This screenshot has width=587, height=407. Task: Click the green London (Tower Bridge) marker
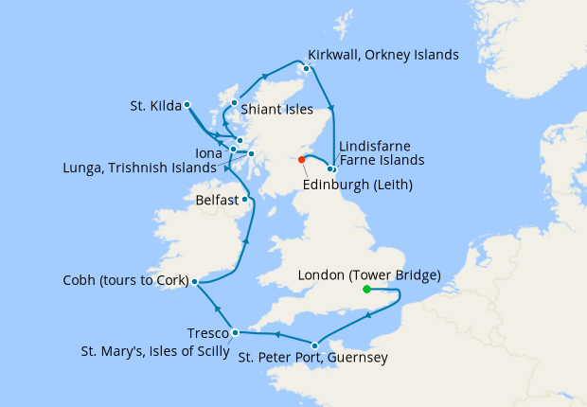coord(366,289)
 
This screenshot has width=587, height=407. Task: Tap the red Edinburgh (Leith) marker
coord(302,159)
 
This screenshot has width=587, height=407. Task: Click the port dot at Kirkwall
coord(306,68)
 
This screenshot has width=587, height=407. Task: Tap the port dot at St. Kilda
coord(187,104)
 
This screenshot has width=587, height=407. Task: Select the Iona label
coord(208,151)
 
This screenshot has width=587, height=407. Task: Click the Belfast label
coord(216,201)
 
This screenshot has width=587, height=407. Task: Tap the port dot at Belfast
coord(244,199)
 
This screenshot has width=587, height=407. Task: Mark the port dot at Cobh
coord(193,281)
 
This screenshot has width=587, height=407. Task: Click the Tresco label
coord(207,334)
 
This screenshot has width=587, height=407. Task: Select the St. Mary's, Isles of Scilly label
coord(153,352)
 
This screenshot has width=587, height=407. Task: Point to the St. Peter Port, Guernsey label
coord(311,359)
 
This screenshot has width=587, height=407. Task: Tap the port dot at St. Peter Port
coord(314,345)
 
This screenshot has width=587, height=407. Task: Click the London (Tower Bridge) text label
coord(369,275)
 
